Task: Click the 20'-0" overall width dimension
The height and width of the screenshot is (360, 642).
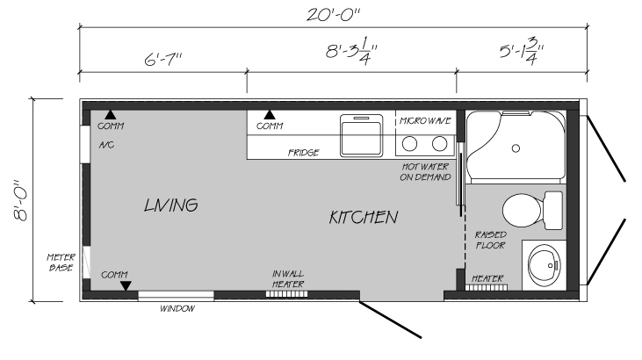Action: point(333,15)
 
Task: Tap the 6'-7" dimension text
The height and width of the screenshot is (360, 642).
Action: point(162,60)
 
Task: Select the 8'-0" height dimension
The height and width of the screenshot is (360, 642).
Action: point(20,200)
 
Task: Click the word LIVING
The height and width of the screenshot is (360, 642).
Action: point(171,205)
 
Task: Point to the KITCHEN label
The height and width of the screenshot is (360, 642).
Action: point(364,217)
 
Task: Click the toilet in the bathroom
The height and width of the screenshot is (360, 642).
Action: point(532,210)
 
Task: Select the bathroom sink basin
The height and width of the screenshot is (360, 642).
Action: point(544,264)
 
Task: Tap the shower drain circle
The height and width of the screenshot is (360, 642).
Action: point(516,148)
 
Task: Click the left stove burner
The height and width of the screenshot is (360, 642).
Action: point(409,144)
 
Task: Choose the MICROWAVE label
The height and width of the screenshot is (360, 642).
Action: point(425,121)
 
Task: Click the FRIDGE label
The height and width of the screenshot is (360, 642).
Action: point(303,153)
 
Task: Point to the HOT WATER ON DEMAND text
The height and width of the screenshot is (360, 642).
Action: point(425,172)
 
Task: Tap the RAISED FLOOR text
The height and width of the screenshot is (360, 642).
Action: point(491,240)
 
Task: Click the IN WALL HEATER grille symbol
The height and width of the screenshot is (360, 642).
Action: point(286,294)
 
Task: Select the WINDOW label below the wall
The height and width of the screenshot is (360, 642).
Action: point(177,309)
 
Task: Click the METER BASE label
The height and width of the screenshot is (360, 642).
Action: point(61,263)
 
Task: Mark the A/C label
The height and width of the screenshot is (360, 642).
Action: point(106,145)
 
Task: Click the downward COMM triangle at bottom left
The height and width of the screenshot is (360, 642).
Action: point(126,286)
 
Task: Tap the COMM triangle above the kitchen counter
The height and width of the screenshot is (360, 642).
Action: point(270,115)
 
